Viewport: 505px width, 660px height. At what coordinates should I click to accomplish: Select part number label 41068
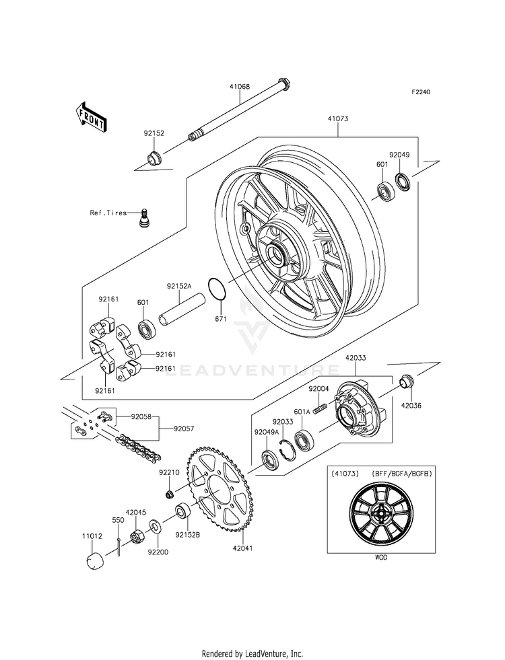pyautogui.click(x=240, y=87)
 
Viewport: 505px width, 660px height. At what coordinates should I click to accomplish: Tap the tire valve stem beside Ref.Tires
pyautogui.click(x=144, y=218)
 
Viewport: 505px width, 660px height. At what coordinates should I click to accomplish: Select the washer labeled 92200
pyautogui.click(x=155, y=527)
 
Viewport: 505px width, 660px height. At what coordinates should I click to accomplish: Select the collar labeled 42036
pyautogui.click(x=407, y=381)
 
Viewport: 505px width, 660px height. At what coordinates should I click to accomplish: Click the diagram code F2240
pyautogui.click(x=421, y=92)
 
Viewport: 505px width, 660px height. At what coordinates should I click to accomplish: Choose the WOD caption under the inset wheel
pyautogui.click(x=380, y=557)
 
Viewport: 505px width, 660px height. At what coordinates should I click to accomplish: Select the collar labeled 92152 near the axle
pyautogui.click(x=154, y=159)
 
